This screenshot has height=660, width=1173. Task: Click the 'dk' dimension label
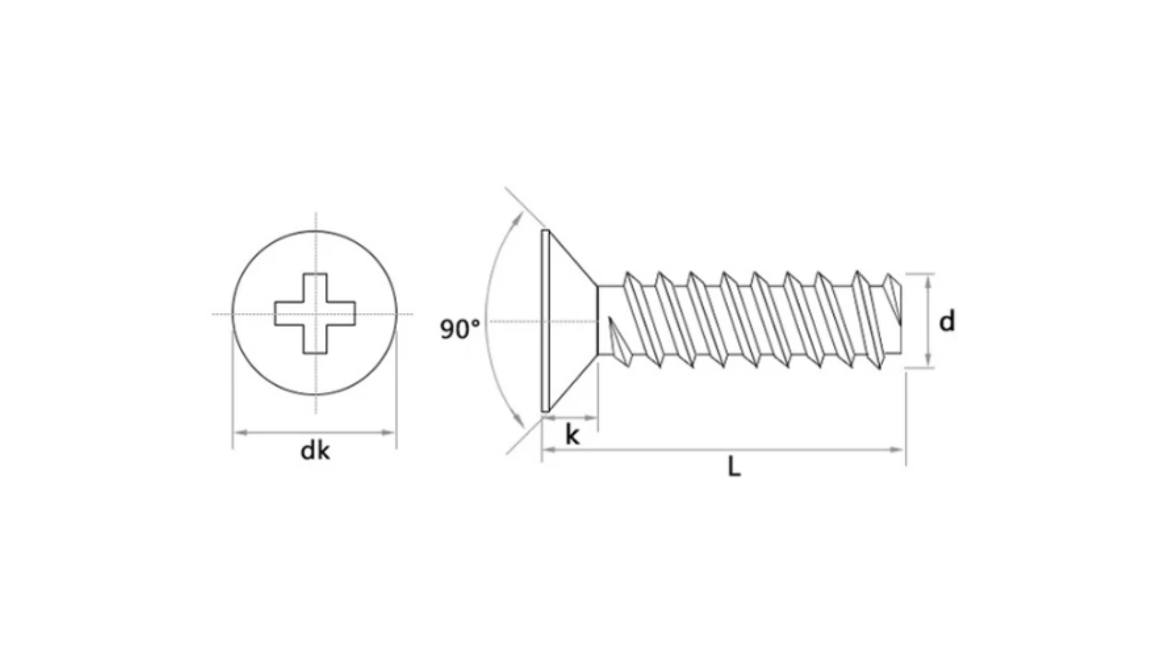coord(315,451)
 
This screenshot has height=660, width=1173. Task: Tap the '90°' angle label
coord(460,329)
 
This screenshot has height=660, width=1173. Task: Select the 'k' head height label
coord(572,435)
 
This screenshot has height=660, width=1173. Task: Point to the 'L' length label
coord(734,468)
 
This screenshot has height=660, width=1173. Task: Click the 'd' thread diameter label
coord(946,321)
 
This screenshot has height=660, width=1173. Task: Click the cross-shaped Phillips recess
coord(315,313)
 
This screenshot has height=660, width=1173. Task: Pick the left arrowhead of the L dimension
coord(549,450)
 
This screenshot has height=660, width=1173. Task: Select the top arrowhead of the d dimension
coord(929,281)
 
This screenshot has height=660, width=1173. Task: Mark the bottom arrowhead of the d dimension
coord(929,360)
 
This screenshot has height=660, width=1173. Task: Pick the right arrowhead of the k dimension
coord(590,418)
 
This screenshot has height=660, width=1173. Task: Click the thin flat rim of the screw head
coord(546,320)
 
